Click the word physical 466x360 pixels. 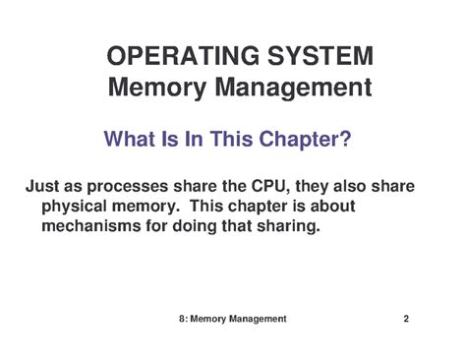pyautogui.click(x=76, y=207)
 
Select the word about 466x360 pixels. pyautogui.click(x=332, y=207)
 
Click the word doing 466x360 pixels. pyautogui.click(x=201, y=226)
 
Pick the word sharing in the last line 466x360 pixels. pyautogui.click(x=285, y=226)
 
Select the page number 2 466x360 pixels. pyautogui.click(x=405, y=319)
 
